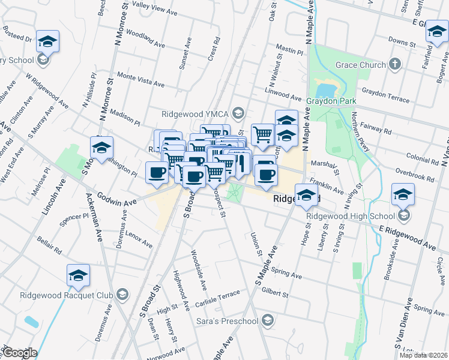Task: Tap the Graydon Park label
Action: (x=331, y=101)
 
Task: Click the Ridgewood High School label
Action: (x=349, y=215)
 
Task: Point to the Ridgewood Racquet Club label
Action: (x=66, y=295)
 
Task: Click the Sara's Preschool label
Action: (x=227, y=321)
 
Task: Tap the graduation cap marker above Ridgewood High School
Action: (x=403, y=194)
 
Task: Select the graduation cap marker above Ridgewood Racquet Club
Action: (x=78, y=275)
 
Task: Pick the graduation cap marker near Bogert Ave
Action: (x=437, y=32)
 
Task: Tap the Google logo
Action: (x=20, y=353)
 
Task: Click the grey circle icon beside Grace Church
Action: (x=395, y=64)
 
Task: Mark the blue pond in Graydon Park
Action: (x=325, y=90)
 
